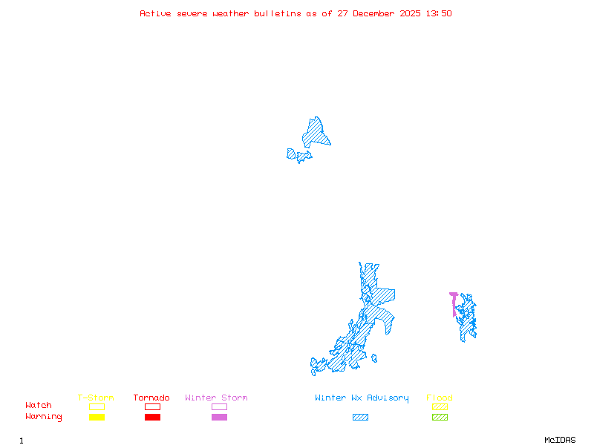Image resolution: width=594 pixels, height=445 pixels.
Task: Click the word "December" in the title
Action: [375, 13]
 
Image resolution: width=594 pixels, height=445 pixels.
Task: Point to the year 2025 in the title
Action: [411, 13]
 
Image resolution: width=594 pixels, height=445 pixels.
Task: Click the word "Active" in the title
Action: [155, 13]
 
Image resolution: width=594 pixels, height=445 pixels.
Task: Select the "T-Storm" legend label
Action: [96, 398]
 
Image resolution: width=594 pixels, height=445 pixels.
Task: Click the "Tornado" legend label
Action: [151, 398]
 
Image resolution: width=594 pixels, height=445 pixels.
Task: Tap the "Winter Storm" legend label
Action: [216, 398]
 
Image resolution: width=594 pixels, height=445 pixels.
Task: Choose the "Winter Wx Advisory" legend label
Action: [362, 398]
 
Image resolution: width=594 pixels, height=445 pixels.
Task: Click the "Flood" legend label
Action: [440, 398]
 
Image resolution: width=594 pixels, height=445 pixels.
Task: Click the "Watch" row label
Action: [39, 406]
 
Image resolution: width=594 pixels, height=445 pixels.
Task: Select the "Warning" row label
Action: [44, 417]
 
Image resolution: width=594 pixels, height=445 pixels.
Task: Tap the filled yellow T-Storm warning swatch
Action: [97, 418]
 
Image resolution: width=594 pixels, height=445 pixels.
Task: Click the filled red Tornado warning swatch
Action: [152, 418]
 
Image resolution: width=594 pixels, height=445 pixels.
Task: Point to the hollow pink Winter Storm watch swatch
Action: [219, 406]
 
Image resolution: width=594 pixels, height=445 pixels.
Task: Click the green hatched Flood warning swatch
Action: [440, 418]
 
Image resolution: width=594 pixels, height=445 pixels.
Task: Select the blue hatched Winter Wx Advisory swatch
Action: [360, 418]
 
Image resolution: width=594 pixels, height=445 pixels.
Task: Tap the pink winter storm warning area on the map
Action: [454, 303]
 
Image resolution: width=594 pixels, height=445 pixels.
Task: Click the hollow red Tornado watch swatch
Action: [152, 406]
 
